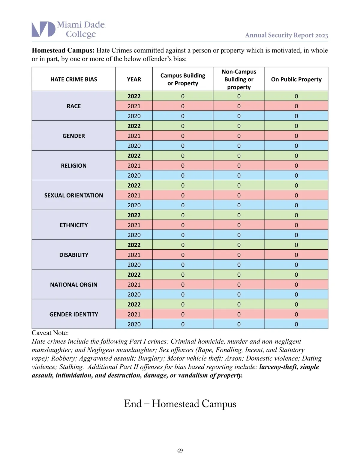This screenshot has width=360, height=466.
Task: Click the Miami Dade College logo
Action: (x=68, y=29)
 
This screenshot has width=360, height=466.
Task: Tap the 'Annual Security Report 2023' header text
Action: (x=286, y=35)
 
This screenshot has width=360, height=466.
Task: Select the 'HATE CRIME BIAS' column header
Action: (x=74, y=79)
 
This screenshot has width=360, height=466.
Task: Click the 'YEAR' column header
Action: (x=134, y=79)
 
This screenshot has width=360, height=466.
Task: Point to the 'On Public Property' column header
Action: (x=296, y=79)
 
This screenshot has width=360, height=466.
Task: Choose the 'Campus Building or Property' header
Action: (x=183, y=79)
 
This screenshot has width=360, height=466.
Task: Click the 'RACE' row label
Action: (x=74, y=106)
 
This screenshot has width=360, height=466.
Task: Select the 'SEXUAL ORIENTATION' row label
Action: (x=74, y=195)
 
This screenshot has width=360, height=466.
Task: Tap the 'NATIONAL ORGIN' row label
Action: (x=74, y=284)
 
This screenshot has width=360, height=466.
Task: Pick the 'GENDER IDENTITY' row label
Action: (x=74, y=314)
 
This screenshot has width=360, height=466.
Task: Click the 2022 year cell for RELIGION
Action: (x=134, y=156)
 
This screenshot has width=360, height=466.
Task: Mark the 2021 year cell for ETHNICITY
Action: (x=134, y=225)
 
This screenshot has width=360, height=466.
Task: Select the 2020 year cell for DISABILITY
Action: (x=134, y=265)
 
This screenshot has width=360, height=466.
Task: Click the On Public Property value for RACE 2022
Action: (x=296, y=96)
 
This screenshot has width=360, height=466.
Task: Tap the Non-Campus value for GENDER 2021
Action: (x=239, y=136)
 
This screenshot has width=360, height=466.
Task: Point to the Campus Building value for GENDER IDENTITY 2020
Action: (x=183, y=324)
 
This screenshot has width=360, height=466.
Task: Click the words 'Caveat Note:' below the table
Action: (x=50, y=333)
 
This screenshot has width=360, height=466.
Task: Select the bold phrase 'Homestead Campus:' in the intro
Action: (x=63, y=50)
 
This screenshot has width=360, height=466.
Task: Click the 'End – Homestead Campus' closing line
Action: (x=180, y=404)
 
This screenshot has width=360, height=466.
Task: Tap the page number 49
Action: (x=180, y=450)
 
